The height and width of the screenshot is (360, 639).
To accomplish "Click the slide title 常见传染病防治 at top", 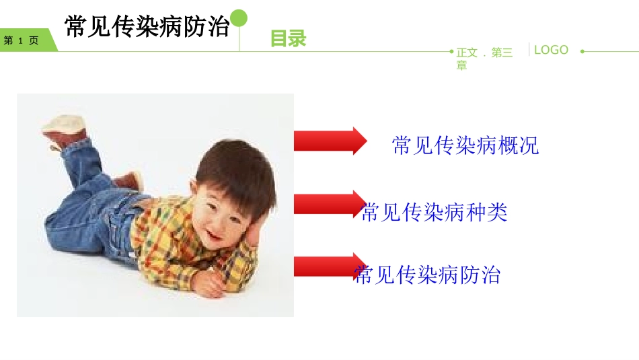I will (x=147, y=27).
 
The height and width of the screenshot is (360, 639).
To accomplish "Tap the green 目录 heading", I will (x=288, y=39).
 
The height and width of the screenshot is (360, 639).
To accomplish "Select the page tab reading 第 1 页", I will (x=23, y=40).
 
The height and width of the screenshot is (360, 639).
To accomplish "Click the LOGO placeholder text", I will (x=551, y=50).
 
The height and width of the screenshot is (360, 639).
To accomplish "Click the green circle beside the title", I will (x=239, y=18).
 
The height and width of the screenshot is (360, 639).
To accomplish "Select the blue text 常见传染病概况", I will (x=465, y=145).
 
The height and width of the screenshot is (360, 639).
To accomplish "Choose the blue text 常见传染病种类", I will (x=435, y=213).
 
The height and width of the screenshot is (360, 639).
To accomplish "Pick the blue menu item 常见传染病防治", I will (x=428, y=275).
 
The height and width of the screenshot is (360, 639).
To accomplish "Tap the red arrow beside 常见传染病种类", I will (x=327, y=203).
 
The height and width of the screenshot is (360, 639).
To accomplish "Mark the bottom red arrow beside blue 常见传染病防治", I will (x=327, y=266).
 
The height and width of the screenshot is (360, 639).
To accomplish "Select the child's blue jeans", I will (x=87, y=215).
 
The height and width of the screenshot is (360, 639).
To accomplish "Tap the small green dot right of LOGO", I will (x=582, y=51).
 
